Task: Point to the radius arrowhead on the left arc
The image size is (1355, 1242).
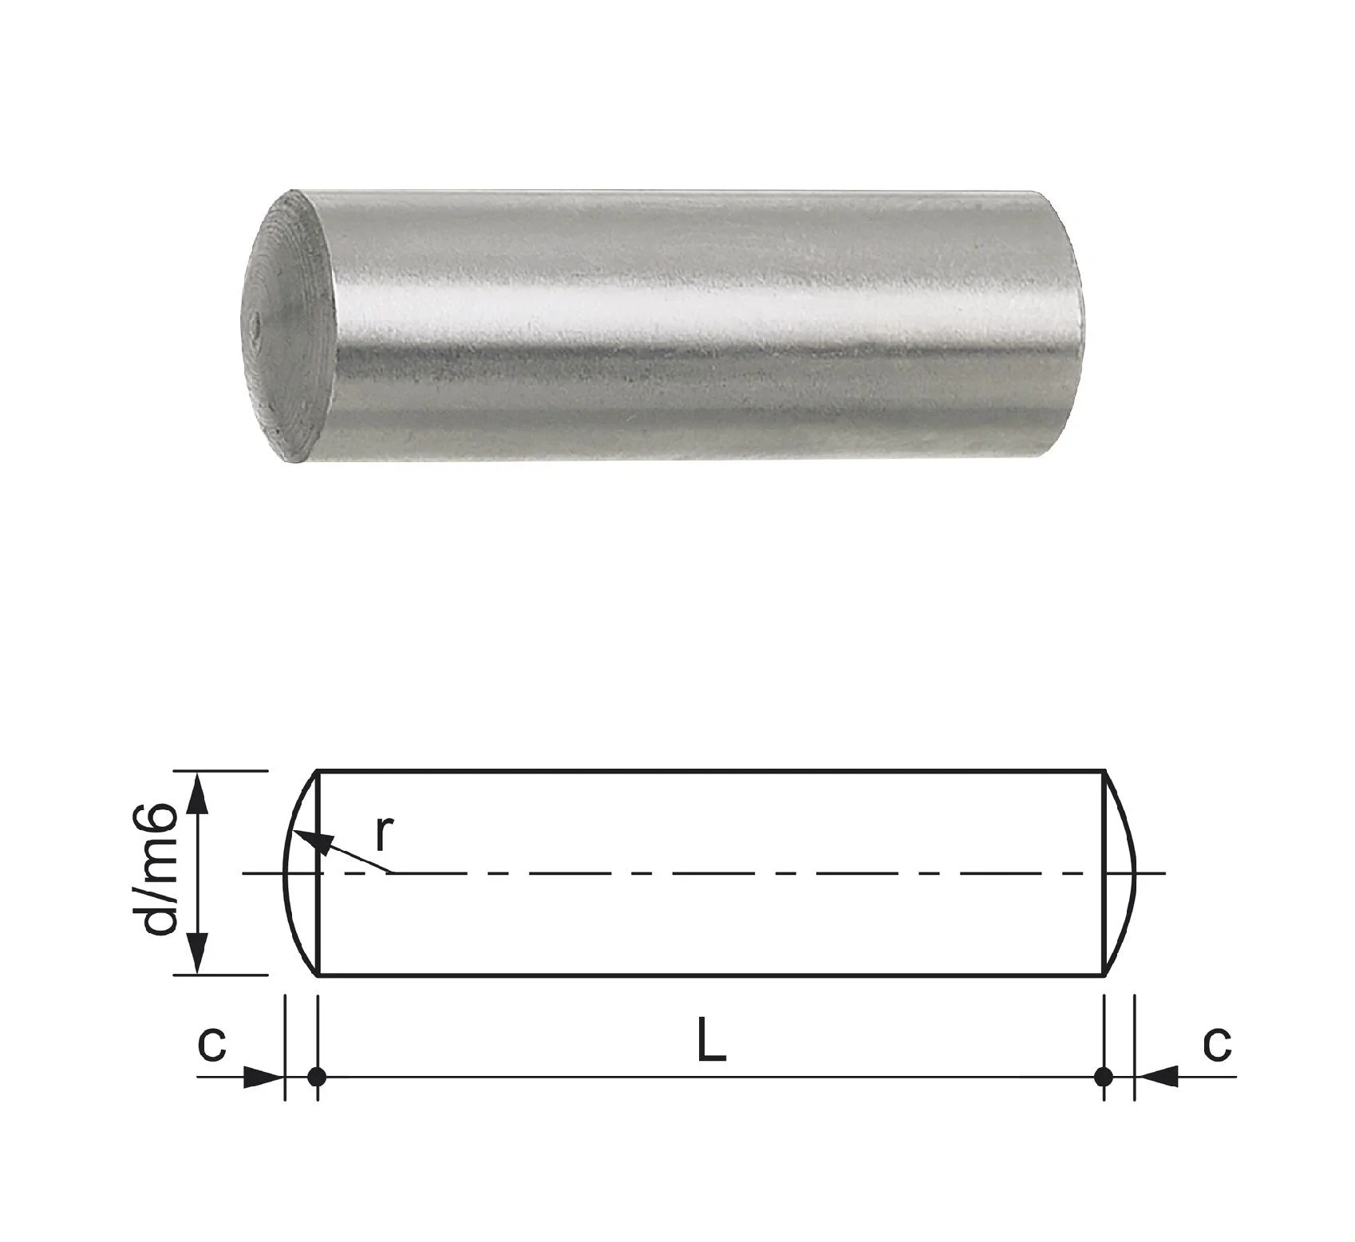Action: (x=306, y=838)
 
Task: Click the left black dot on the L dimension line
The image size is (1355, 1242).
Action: (x=317, y=1077)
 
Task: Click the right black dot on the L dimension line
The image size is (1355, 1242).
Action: (x=1104, y=1077)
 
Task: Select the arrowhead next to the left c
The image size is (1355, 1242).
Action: (x=264, y=1077)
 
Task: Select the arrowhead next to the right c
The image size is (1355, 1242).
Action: (x=1156, y=1077)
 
